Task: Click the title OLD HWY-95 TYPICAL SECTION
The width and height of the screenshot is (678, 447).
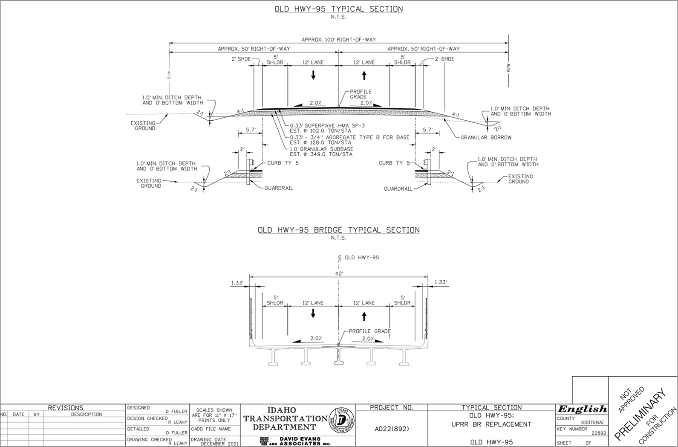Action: click(339, 9)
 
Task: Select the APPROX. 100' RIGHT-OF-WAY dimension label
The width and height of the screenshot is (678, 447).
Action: click(339, 40)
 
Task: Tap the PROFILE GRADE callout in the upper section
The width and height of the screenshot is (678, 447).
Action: click(361, 94)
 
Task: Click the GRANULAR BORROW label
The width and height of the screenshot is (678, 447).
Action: click(486, 138)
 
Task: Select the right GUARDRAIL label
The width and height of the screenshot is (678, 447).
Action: click(398, 189)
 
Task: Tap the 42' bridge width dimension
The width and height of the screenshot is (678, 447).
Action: click(339, 273)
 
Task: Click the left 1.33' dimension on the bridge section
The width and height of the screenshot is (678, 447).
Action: click(237, 282)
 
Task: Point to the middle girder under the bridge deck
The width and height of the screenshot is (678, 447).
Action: click(339, 357)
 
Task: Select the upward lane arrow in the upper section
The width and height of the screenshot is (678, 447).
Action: click(364, 75)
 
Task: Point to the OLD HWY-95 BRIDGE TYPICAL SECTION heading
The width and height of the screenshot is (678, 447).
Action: click(339, 230)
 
